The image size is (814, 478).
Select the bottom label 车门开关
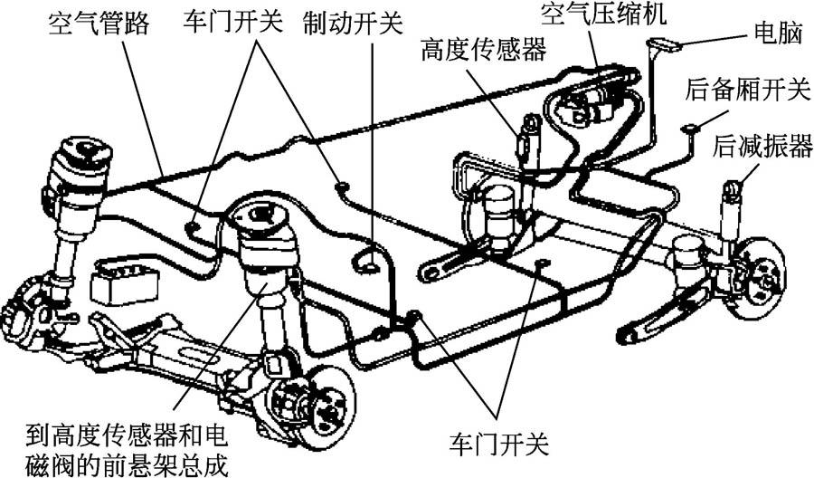(498, 445)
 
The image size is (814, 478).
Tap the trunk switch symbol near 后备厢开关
(689, 129)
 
